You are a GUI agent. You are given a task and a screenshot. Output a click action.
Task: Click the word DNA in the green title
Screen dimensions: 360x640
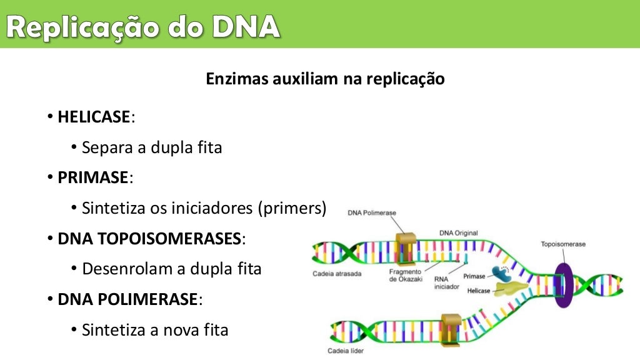point(245,27)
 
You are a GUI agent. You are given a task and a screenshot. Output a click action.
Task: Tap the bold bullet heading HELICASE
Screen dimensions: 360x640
point(94,117)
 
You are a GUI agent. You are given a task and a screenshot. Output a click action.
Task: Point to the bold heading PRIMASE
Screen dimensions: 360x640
point(93,177)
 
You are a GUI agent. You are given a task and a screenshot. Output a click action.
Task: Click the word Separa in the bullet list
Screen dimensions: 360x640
point(102,148)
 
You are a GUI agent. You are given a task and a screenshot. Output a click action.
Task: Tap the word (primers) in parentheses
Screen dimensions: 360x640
point(292,208)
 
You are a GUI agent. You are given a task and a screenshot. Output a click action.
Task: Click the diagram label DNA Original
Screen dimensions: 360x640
point(458,233)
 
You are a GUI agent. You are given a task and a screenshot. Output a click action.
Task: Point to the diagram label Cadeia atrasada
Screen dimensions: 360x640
point(337,274)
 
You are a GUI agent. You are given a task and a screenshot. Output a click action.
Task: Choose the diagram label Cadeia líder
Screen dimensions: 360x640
point(345,351)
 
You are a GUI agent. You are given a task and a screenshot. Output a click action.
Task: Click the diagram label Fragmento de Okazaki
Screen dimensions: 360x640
point(406,276)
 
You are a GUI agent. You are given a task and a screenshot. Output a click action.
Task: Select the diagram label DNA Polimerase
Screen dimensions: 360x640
point(372,212)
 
